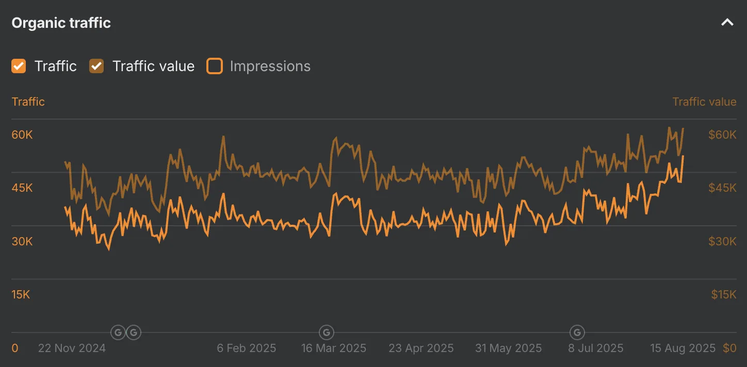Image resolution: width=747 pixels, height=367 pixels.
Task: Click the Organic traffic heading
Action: point(61,23)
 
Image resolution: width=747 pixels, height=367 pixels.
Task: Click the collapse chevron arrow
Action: point(727,23)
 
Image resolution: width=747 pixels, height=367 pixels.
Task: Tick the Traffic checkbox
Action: point(19,66)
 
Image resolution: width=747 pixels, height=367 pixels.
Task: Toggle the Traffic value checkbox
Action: point(96,66)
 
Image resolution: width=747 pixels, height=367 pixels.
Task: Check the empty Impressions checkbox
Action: point(215,66)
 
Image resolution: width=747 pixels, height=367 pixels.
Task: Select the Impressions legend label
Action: point(270,66)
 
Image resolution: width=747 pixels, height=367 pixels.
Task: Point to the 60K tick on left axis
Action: point(22,135)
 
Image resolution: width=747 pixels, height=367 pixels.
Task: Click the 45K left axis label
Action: point(22,188)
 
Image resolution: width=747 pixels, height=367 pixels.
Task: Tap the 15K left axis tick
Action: point(21,295)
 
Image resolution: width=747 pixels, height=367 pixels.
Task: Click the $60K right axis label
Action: point(722,135)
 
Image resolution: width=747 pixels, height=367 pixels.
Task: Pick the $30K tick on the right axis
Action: point(722,241)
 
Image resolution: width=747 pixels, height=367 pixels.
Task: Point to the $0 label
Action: point(729,348)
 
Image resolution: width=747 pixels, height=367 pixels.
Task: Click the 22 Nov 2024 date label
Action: point(72,348)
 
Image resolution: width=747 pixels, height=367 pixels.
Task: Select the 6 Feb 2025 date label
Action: point(247,348)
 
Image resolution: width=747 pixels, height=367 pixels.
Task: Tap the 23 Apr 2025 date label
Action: point(421,348)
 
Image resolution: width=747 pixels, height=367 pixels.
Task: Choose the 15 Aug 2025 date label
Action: point(683,348)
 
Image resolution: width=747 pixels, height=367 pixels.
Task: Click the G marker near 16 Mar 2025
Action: point(327,332)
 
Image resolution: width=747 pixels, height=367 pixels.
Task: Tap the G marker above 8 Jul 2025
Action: point(577,332)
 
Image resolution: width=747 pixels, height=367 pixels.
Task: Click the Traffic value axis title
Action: point(704,102)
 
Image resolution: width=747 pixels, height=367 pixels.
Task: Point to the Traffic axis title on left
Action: point(28,102)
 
